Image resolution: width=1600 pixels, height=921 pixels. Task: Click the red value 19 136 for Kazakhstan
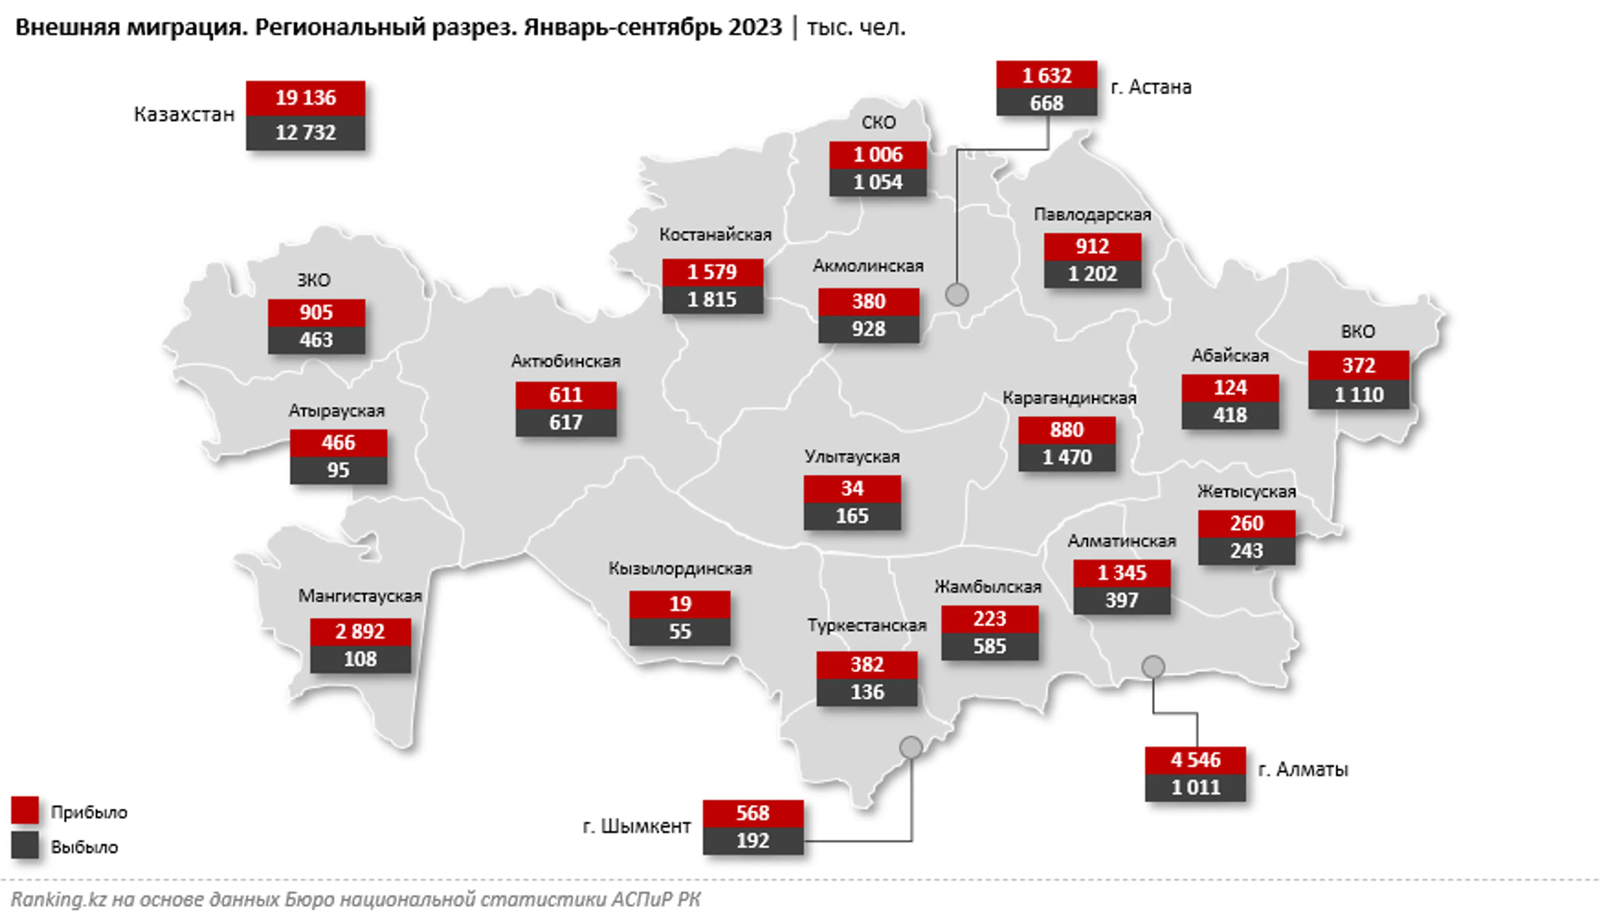pyautogui.click(x=305, y=98)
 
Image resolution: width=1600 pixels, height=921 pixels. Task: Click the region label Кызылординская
pyautogui.click(x=680, y=569)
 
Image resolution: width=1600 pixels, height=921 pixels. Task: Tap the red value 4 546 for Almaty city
pyautogui.click(x=1195, y=760)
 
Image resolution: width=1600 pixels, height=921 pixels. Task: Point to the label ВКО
pyautogui.click(x=1357, y=332)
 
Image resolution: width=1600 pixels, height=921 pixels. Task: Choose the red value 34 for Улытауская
pyautogui.click(x=852, y=488)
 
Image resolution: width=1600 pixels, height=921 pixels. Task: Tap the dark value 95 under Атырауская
pyautogui.click(x=338, y=470)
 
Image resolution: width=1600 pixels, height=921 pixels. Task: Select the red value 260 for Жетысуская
pyautogui.click(x=1246, y=523)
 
